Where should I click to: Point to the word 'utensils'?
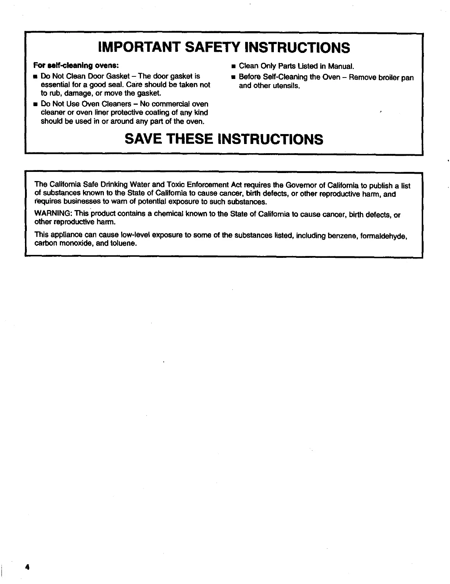(x=288, y=86)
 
